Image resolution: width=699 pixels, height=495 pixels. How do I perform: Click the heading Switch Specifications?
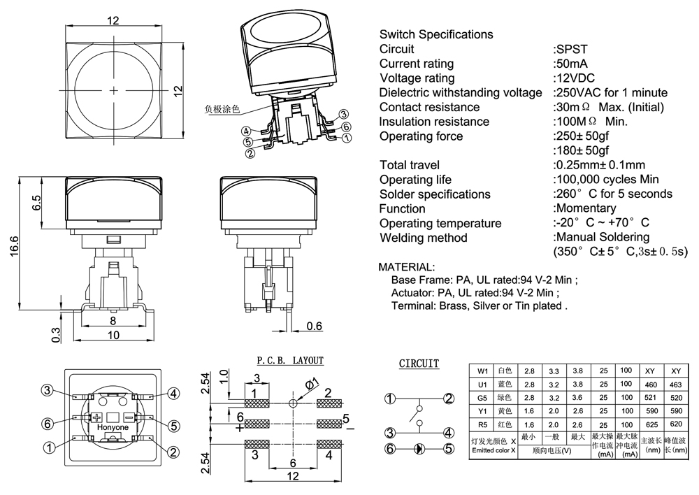(x=435, y=34)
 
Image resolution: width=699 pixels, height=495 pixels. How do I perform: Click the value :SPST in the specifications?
(x=570, y=49)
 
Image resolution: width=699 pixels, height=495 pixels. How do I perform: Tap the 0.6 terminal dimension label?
(x=315, y=325)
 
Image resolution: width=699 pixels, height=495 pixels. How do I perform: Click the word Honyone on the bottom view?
(x=112, y=427)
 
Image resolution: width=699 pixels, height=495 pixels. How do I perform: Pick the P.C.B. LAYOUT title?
(x=290, y=361)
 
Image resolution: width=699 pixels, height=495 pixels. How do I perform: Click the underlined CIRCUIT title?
(x=419, y=364)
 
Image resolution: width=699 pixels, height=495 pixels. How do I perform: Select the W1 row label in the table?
(x=482, y=371)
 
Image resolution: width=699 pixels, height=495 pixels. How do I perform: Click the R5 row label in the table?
(x=482, y=424)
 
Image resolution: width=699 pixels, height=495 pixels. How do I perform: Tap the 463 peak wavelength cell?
(x=675, y=385)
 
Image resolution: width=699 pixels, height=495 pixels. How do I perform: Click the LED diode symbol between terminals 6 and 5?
(x=419, y=448)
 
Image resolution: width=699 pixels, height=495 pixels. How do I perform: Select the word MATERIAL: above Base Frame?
(x=406, y=267)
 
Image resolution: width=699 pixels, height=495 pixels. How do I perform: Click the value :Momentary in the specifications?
(x=584, y=208)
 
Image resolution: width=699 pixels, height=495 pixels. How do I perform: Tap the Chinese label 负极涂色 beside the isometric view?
(x=222, y=109)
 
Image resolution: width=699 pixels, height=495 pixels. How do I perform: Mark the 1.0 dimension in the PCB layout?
(x=224, y=375)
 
